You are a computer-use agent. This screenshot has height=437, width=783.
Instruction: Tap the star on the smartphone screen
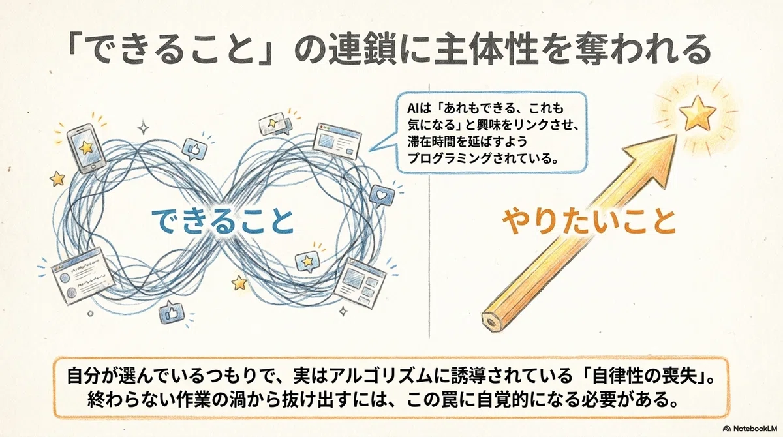tap(85, 148)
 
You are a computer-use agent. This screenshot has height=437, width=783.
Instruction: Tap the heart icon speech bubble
tap(381, 195)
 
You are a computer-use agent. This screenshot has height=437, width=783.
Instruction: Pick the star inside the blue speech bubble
tap(307, 261)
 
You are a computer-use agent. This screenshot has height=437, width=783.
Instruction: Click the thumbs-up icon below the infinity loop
tap(171, 312)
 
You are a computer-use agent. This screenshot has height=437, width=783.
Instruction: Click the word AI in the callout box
tap(411, 109)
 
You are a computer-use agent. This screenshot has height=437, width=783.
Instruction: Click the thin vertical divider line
tap(429, 211)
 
